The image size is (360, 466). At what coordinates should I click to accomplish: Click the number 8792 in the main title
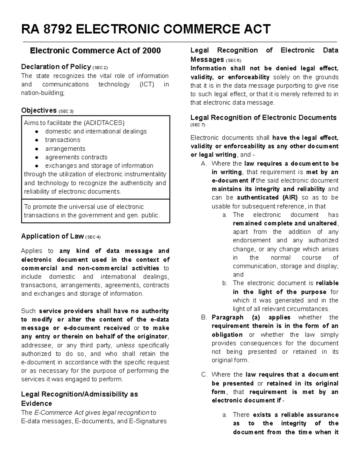[58, 29]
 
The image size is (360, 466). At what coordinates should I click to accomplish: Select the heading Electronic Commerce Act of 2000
[95, 50]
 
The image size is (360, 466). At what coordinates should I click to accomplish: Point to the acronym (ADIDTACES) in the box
[104, 123]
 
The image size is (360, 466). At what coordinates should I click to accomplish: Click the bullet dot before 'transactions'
[37, 140]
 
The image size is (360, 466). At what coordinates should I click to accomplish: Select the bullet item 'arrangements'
[65, 149]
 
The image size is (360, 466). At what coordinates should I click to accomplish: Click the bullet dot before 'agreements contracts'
[37, 157]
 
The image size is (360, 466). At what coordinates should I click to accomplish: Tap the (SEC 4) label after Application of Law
[93, 237]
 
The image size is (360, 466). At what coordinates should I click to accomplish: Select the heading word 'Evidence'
[36, 403]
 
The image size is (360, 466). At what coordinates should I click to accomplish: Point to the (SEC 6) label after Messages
[233, 60]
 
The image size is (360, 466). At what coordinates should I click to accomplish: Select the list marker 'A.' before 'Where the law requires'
[204, 164]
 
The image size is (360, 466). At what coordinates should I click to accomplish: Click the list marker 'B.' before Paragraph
[204, 317]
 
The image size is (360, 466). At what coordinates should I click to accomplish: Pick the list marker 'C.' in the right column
[204, 374]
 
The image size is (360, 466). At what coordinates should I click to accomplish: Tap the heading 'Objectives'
[39, 110]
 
